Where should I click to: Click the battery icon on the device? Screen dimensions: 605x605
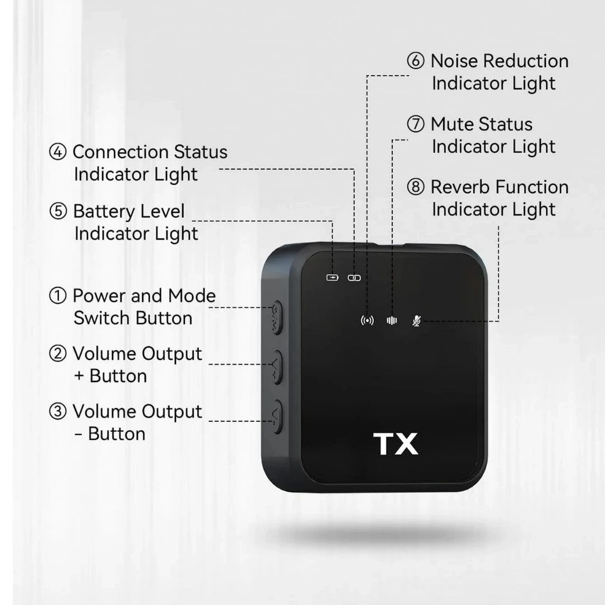click(x=332, y=277)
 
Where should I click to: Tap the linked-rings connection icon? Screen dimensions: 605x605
click(x=354, y=278)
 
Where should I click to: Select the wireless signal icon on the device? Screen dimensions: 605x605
click(x=367, y=320)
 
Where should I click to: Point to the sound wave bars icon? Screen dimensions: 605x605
click(x=392, y=320)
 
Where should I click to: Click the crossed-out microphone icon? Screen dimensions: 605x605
click(x=416, y=320)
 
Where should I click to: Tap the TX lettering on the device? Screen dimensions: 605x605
click(x=395, y=444)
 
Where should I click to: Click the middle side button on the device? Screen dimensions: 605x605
click(x=276, y=367)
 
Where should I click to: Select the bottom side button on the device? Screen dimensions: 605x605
click(x=276, y=417)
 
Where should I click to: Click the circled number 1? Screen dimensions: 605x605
click(x=58, y=296)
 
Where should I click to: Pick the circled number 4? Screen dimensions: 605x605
click(x=58, y=152)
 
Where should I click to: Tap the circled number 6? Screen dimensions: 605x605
click(x=416, y=61)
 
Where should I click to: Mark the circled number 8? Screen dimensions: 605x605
click(x=416, y=187)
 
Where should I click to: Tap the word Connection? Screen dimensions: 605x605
click(x=120, y=152)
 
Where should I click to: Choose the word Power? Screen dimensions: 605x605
click(x=99, y=296)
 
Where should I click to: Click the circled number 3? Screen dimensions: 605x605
click(x=58, y=412)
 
